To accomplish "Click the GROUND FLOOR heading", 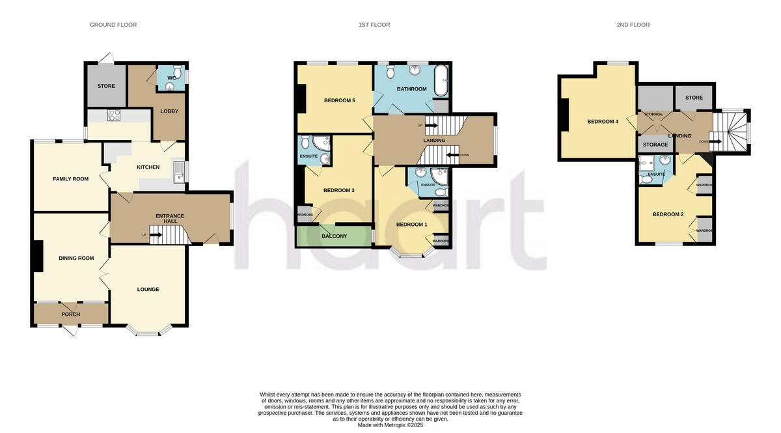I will point(113,25).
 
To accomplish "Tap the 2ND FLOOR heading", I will point(633,25).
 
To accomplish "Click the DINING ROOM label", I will point(76,258).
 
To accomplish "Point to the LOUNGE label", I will point(148,289).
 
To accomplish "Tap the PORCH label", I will point(70,314).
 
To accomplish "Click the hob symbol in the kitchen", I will point(115,116).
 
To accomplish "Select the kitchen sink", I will point(179,173).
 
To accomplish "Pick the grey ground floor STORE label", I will point(106,86).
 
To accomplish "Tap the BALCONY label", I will point(335,236).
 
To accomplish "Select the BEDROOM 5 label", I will point(340,100).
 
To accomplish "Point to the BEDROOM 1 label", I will point(412,225).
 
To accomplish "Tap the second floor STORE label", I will point(694,98).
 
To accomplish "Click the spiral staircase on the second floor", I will point(730,129).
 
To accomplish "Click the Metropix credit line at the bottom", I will point(390,425).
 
